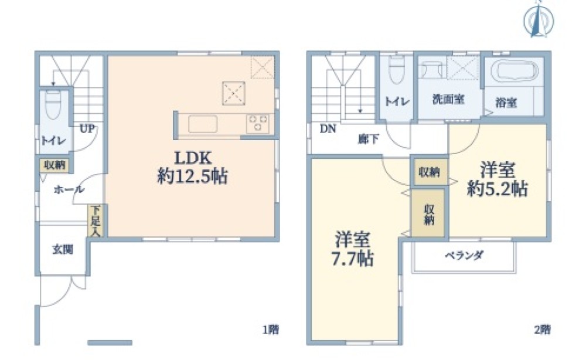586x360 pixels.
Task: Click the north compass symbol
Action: pos(539,20)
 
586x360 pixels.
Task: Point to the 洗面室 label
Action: pos(448,100)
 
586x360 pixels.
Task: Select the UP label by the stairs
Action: pos(87,128)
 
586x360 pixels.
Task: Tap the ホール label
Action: pos(69,189)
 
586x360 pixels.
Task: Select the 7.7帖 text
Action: pos(351,259)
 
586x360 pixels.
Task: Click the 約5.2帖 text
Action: pos(498,189)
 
